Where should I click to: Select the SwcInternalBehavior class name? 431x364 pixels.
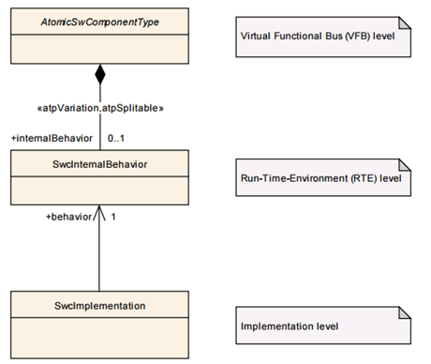98,164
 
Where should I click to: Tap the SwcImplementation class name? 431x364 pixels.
98,305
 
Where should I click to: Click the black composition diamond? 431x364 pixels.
98,73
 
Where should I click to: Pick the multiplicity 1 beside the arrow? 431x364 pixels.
113,216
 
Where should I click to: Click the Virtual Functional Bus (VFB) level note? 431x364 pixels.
319,36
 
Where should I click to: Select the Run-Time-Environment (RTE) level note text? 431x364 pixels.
318,176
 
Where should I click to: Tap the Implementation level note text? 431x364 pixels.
290,326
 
